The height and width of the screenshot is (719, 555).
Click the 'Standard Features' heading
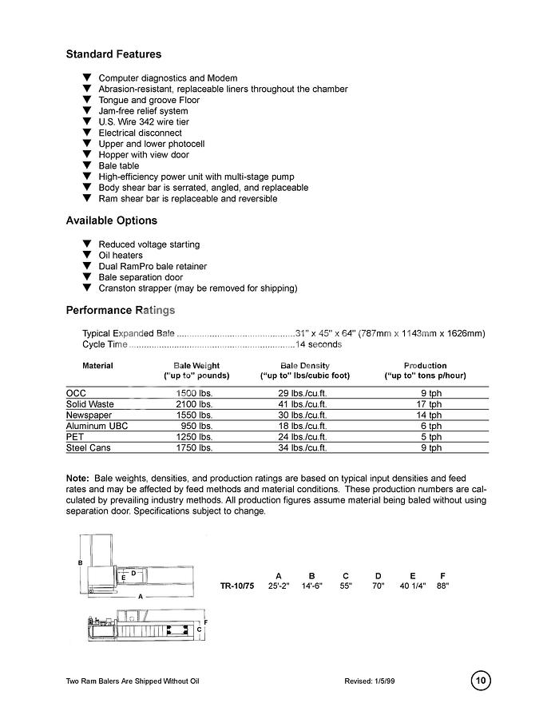(113, 54)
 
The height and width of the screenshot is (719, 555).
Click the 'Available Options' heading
(111, 220)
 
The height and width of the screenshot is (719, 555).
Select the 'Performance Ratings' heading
(120, 310)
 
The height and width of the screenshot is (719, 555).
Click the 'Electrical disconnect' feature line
(140, 133)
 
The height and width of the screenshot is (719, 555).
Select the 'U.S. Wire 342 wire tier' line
(143, 122)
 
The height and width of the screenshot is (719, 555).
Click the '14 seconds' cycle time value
(319, 344)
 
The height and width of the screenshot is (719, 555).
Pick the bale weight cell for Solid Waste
(195, 404)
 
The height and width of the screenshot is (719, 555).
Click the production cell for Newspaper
(430, 415)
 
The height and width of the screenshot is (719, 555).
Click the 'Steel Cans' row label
(89, 448)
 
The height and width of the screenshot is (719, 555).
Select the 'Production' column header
(425, 366)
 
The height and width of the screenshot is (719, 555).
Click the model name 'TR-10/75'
(237, 586)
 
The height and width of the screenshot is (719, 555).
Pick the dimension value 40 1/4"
(413, 586)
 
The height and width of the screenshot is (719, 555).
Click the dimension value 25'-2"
(279, 586)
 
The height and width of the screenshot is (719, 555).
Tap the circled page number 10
(480, 681)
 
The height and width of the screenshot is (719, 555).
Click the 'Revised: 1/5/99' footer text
(370, 681)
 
